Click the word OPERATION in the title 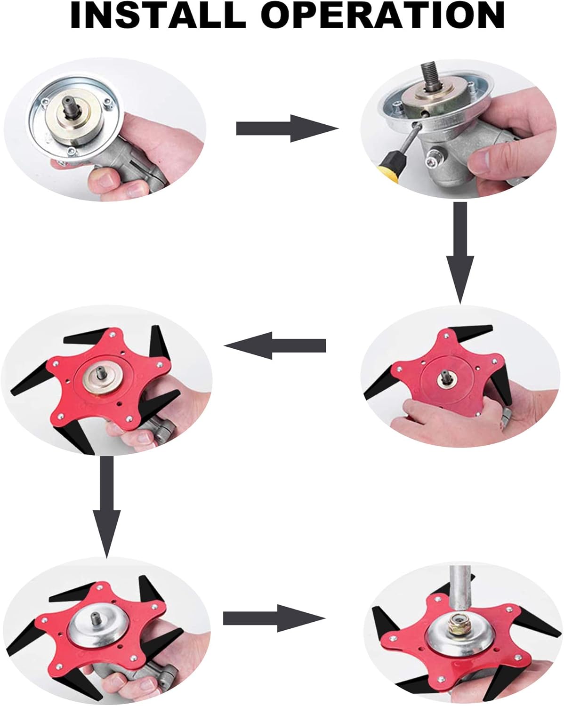coord(382,16)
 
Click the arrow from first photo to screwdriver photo coord(287,128)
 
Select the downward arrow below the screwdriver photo coord(460,253)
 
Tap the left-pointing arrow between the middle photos coord(275,345)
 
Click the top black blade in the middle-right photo coord(470,331)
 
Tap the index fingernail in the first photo coord(105,180)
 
